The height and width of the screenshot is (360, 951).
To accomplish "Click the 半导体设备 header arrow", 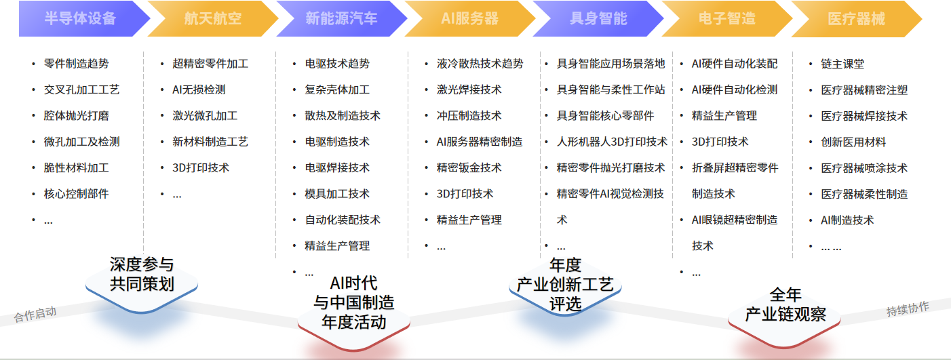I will (80, 18).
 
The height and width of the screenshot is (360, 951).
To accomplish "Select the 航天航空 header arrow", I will (212, 18).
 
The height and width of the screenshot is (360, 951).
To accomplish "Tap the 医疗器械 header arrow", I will (856, 18).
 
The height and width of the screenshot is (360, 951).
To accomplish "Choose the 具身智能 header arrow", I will (598, 18).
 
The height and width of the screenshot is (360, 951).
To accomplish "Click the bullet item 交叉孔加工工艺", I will (81, 89).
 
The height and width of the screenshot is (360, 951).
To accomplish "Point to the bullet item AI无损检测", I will (199, 89).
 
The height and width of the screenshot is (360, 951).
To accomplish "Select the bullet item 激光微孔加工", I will (205, 116).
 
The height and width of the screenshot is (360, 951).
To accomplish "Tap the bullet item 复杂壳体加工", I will (337, 89).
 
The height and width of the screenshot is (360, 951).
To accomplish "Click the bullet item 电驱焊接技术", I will (337, 167).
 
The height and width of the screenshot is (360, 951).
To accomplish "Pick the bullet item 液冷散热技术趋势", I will (480, 64).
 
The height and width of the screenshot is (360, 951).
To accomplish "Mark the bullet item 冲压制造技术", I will (469, 116).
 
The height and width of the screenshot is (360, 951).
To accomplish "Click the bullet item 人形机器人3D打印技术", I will (612, 142).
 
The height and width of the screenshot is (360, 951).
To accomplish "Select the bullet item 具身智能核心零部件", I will (605, 116).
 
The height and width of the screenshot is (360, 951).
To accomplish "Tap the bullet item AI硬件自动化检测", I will (734, 89).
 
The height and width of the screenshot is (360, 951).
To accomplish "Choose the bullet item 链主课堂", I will (842, 64).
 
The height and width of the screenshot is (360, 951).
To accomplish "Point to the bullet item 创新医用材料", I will (853, 142).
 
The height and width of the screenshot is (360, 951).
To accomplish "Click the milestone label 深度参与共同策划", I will (142, 274).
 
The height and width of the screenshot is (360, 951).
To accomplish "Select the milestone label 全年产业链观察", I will (785, 305).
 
